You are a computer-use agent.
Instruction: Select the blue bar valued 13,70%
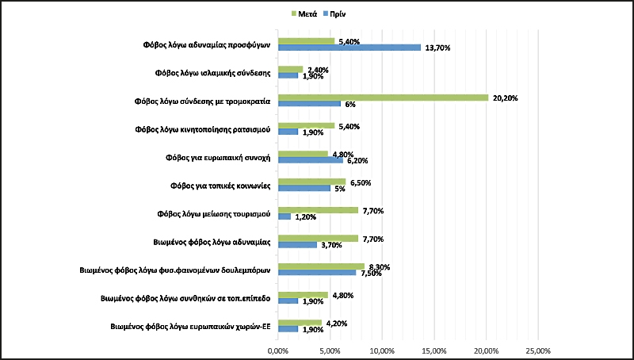click(x=349, y=48)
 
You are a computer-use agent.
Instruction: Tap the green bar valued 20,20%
click(x=383, y=98)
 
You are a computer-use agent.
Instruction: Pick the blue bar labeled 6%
click(x=309, y=104)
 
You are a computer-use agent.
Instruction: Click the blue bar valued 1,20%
click(x=284, y=216)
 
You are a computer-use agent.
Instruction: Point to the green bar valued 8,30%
click(x=321, y=266)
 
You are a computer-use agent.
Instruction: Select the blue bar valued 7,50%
click(x=316, y=273)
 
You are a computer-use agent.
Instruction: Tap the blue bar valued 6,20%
click(x=310, y=160)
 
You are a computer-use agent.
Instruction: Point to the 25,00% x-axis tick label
click(x=538, y=350)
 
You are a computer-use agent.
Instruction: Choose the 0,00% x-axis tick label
click(x=277, y=350)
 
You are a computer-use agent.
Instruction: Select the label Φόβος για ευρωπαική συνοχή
click(x=213, y=157)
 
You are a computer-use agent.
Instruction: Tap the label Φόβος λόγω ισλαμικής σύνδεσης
click(x=213, y=73)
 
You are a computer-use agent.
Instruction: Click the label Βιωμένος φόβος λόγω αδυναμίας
click(x=212, y=241)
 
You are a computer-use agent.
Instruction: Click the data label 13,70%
click(x=437, y=48)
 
